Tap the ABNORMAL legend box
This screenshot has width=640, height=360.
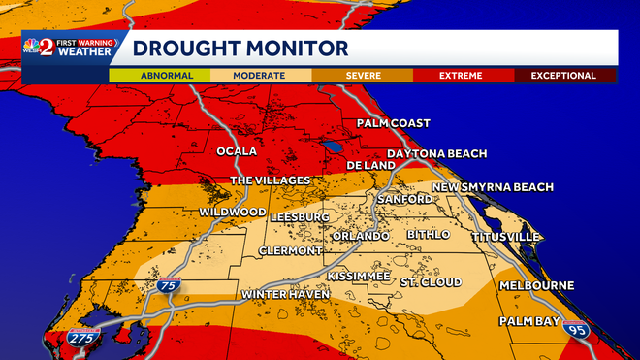[x=167, y=75]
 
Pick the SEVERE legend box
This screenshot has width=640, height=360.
[x=362, y=75]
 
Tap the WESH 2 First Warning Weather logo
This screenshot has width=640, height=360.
[x=71, y=49]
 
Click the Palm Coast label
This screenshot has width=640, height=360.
[x=393, y=123]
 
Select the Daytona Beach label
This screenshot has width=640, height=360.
[x=435, y=154]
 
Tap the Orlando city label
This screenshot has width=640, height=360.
[x=360, y=236]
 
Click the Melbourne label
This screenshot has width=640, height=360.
[x=536, y=285]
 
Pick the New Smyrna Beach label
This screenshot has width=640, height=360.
[x=493, y=186]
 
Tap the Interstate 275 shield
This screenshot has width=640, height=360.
[x=82, y=338]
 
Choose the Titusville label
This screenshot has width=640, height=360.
[x=505, y=236]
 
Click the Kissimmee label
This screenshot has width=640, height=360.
[x=358, y=277]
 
